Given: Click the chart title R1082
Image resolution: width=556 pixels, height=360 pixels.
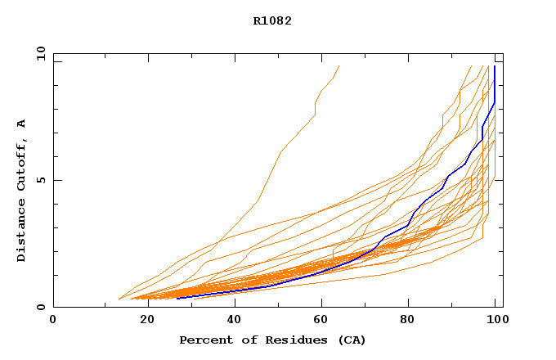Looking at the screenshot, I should [272, 20].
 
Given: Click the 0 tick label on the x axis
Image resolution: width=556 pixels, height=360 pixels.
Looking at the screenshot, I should [53, 321].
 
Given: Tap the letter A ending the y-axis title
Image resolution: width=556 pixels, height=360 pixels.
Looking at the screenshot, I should [21, 124].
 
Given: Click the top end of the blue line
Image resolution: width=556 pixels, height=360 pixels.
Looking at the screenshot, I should [494, 66].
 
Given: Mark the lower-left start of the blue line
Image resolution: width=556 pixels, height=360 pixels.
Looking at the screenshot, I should [177, 298].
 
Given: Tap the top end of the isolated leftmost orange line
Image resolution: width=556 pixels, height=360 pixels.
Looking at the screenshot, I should [339, 66].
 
